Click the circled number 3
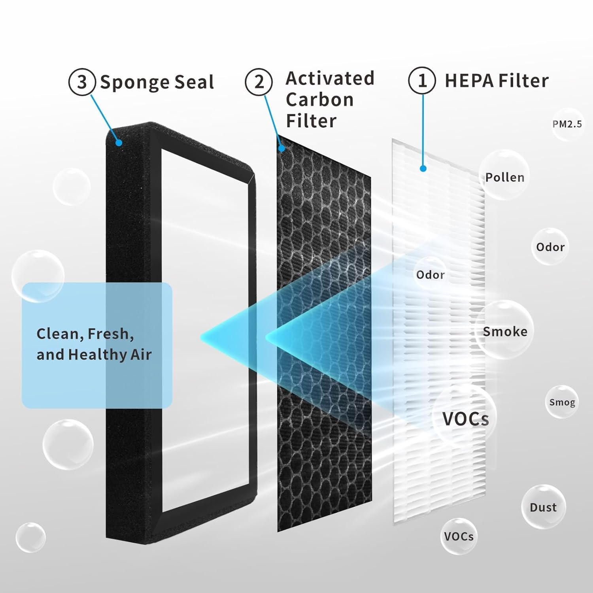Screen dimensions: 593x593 pyautogui.click(x=82, y=82)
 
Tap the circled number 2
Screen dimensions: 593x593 pyautogui.click(x=259, y=82)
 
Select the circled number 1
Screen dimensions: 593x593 pyautogui.click(x=422, y=80)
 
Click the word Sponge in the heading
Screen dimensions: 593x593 pyautogui.click(x=134, y=83)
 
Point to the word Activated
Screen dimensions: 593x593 pyautogui.click(x=330, y=78)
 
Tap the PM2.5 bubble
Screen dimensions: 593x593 pyautogui.click(x=567, y=124)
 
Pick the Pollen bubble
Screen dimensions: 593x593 pyautogui.click(x=505, y=177)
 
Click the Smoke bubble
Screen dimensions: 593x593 pyautogui.click(x=505, y=331)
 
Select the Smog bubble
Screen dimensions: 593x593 pyautogui.click(x=562, y=402)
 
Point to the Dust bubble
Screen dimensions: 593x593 pyautogui.click(x=543, y=507)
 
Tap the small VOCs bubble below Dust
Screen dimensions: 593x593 pyautogui.click(x=459, y=536)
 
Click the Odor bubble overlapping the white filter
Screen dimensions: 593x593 pyautogui.click(x=430, y=274)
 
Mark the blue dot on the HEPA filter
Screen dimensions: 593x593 pyautogui.click(x=423, y=169)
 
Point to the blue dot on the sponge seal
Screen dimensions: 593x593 pyautogui.click(x=118, y=143)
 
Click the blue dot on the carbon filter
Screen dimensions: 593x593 pyautogui.click(x=281, y=149)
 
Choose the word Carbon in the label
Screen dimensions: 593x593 pyautogui.click(x=319, y=100)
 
